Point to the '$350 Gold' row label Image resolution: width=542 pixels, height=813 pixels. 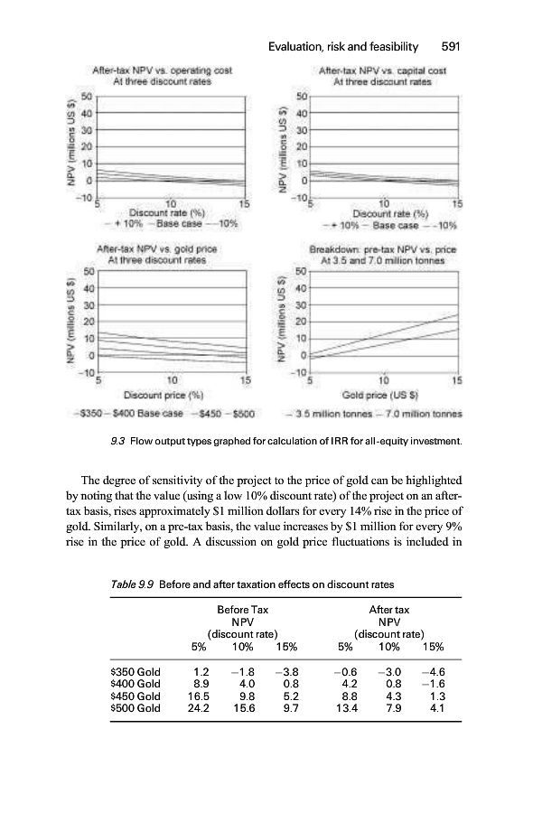[x=135, y=673]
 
